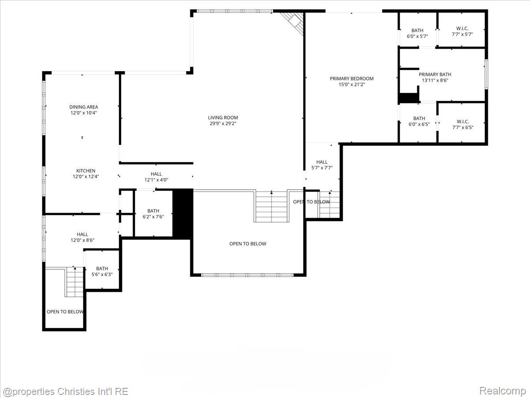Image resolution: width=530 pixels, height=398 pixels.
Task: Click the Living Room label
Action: coord(223,118)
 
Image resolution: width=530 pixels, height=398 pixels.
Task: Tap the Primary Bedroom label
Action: coord(352,79)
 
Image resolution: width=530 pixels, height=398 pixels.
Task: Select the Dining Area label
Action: coord(83,107)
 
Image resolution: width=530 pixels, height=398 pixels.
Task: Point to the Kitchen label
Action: coord(86,171)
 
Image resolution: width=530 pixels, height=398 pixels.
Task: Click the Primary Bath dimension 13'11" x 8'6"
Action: coord(435,80)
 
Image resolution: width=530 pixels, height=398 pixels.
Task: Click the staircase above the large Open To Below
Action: coord(271,206)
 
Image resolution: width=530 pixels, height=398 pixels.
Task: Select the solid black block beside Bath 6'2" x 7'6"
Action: coord(182,214)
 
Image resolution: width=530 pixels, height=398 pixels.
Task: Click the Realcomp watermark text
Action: coord(502,391)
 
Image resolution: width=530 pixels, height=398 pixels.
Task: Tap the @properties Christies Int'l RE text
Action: coord(66,391)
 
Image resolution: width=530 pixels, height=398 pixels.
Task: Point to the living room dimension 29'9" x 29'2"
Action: coord(223,124)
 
